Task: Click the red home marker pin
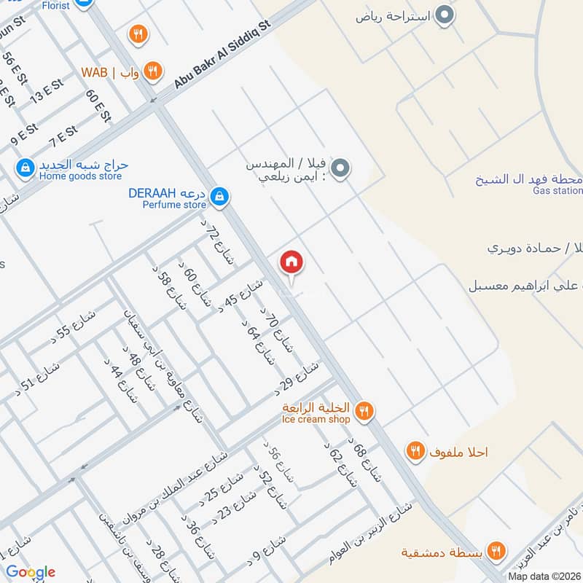click(x=291, y=261)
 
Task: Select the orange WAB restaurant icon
click(x=152, y=71)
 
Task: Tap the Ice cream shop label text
click(x=316, y=419)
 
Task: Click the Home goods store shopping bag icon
click(x=26, y=168)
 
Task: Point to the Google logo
click(x=30, y=571)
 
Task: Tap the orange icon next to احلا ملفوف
click(x=415, y=452)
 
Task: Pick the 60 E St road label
click(x=96, y=105)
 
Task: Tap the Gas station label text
click(x=557, y=191)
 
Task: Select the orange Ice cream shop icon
click(x=365, y=412)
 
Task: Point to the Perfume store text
click(x=174, y=206)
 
